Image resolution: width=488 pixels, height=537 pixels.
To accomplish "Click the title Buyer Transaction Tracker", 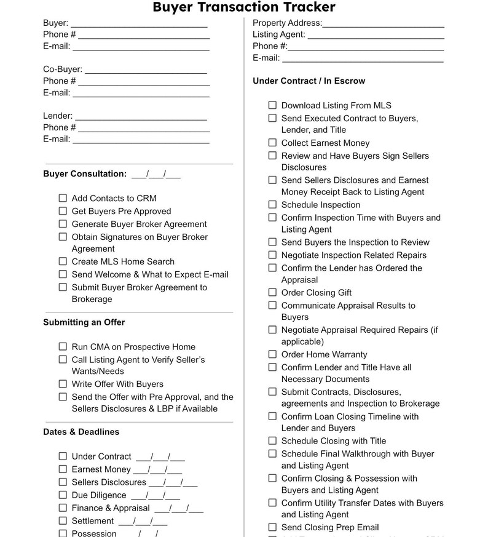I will click(x=244, y=7).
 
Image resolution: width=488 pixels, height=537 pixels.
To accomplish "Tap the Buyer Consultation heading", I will click(x=85, y=174).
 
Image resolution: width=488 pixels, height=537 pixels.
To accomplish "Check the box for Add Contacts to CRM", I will click(x=63, y=198).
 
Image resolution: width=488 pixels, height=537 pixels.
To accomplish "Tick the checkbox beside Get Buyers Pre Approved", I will click(x=63, y=211).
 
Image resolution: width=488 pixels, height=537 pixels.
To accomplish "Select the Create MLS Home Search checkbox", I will click(x=63, y=261).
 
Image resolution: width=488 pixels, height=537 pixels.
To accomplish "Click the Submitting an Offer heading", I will click(x=84, y=322).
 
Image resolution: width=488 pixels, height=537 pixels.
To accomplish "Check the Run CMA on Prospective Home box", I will click(x=63, y=347).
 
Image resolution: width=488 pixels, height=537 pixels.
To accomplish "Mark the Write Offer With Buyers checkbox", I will click(x=63, y=384).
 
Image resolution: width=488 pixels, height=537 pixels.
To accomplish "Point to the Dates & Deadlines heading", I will click(x=81, y=432).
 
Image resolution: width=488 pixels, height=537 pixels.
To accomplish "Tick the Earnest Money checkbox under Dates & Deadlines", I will click(x=63, y=469).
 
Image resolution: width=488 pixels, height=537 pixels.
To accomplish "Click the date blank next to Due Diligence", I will click(x=155, y=496).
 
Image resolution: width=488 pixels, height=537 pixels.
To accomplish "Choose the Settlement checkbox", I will click(x=63, y=521).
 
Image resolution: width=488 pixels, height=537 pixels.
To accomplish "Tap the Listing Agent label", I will click(x=278, y=34).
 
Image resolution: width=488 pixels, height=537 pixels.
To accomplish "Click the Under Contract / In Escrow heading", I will click(x=309, y=81).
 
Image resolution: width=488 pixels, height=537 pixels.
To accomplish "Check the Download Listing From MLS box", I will click(x=272, y=105).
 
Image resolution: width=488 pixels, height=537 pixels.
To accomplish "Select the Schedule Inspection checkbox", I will click(x=272, y=205).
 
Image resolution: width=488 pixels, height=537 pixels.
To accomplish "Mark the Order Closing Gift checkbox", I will click(x=272, y=293).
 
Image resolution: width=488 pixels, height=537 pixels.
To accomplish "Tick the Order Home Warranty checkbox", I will click(x=272, y=354).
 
